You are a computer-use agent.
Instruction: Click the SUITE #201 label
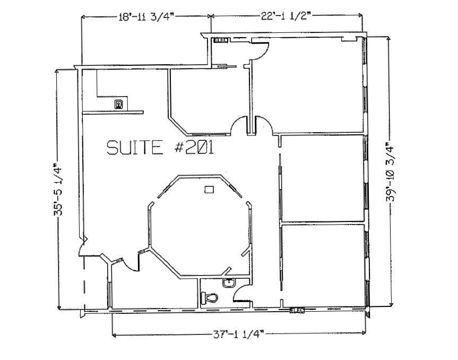pyautogui.click(x=160, y=147)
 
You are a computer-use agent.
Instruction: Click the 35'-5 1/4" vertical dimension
pyautogui.click(x=58, y=190)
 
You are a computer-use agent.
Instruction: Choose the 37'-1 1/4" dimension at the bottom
pyautogui.click(x=238, y=334)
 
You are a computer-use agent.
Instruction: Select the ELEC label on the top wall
pyautogui.click(x=221, y=40)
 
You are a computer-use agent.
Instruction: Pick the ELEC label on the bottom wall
pyautogui.click(x=297, y=310)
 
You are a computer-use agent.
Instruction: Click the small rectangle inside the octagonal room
pyautogui.click(x=210, y=188)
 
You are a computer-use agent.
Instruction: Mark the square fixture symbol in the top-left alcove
pyautogui.click(x=119, y=104)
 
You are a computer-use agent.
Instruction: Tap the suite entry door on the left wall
pyautogui.click(x=83, y=247)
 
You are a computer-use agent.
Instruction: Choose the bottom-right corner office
pyautogui.click(x=323, y=265)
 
